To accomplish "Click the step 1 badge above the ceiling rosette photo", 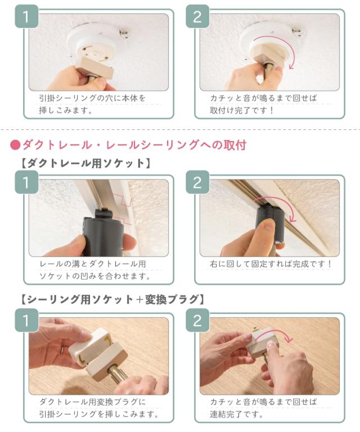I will (x=26, y=16).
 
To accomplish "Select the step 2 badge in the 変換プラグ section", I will (x=197, y=321).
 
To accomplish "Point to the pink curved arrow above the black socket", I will (x=276, y=206).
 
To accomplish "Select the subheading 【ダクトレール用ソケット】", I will (x=84, y=164).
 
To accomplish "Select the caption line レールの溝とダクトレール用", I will (x=93, y=263).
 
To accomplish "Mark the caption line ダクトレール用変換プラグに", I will (x=92, y=402).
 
